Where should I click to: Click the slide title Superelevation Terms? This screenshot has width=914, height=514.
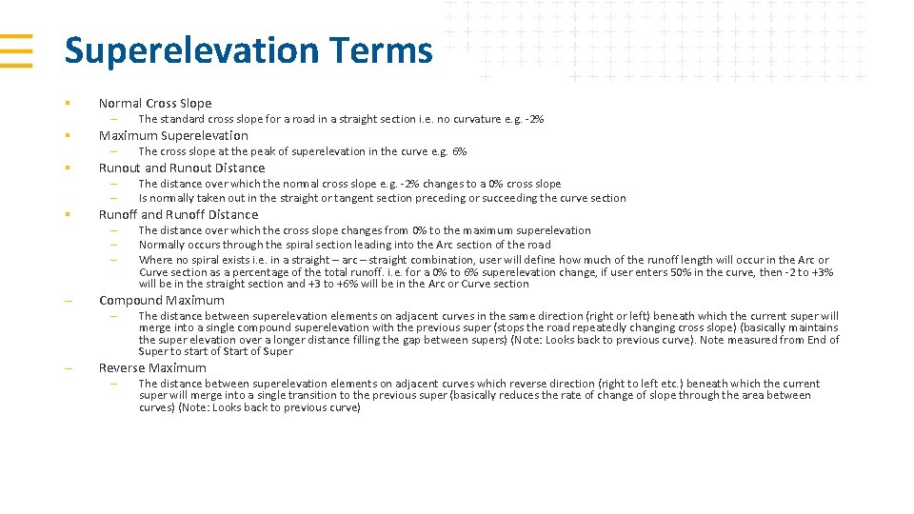point(248,50)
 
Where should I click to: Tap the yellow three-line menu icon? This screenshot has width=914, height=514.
point(16,50)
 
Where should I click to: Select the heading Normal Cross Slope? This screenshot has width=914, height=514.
point(155,103)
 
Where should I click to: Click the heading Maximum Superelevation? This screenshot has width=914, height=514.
point(173,135)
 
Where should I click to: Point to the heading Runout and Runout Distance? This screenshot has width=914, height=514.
point(182,168)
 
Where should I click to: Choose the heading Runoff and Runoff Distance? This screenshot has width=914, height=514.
point(178,214)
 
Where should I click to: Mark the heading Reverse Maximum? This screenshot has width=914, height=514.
point(152,367)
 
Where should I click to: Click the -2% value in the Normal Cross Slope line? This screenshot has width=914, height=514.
point(534,119)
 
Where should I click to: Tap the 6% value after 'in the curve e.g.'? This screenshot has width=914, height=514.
point(459,151)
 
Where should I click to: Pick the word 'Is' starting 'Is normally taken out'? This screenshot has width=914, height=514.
point(143,198)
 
